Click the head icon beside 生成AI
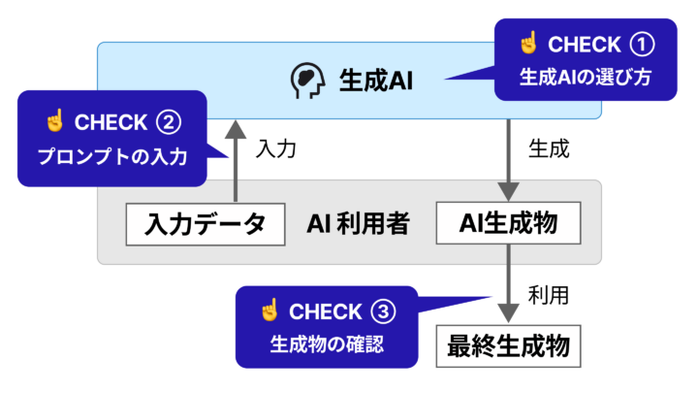[307, 81]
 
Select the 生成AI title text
[376, 82]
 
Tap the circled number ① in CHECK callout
[642, 45]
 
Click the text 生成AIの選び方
[586, 77]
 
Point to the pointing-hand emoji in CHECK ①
[529, 43]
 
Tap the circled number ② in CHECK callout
[169, 122]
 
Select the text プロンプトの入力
[112, 156]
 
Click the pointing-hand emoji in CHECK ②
[55, 120]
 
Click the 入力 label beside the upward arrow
[276, 148]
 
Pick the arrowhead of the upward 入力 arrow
[236, 129]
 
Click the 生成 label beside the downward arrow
[549, 148]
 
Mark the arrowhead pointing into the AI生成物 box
[508, 191]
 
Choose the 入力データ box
[206, 224]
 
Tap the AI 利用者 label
[358, 223]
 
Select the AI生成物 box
[508, 223]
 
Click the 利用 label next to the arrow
[549, 295]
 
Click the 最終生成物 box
[508, 346]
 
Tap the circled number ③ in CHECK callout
[383, 311]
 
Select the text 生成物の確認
[327, 344]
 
